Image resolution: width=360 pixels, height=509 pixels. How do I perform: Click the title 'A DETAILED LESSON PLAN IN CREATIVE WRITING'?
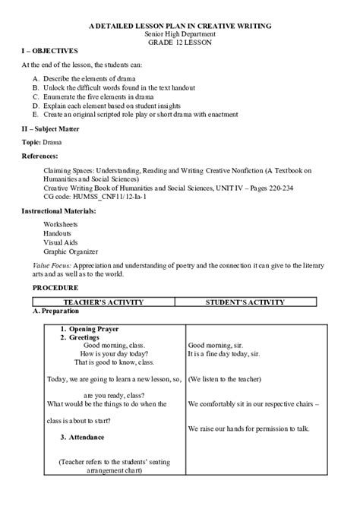tap(180, 26)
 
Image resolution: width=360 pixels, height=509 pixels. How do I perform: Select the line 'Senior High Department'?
tap(180, 34)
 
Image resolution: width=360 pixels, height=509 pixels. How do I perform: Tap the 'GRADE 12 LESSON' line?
tap(180, 43)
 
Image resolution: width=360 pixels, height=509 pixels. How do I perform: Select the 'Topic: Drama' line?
tap(42, 142)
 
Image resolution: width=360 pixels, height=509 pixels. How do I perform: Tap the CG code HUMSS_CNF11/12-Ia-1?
tap(95, 196)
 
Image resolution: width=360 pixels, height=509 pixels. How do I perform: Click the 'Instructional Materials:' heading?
tap(59, 210)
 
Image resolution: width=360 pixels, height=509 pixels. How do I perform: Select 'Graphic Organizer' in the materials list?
tap(71, 251)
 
